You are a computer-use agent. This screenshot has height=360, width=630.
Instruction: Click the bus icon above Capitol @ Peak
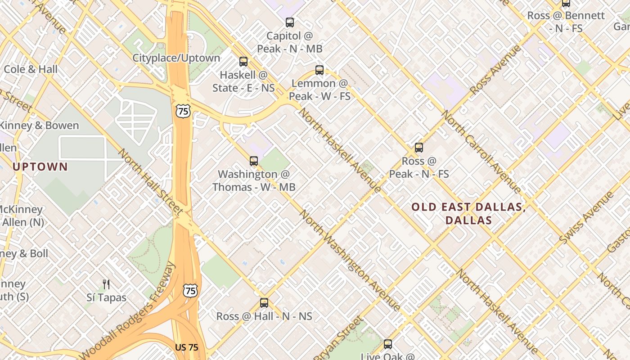pyautogui.click(x=290, y=22)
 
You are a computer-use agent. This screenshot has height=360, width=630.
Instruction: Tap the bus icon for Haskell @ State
pyautogui.click(x=243, y=62)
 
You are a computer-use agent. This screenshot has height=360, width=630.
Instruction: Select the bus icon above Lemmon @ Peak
pyautogui.click(x=319, y=70)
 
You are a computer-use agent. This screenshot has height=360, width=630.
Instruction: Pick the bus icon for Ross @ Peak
pyautogui.click(x=419, y=148)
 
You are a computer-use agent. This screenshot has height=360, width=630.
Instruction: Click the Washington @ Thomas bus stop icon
pyautogui.click(x=254, y=161)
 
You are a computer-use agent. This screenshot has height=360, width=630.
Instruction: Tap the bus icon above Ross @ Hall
pyautogui.click(x=264, y=303)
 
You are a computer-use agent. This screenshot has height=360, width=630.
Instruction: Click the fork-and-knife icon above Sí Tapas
pyautogui.click(x=106, y=284)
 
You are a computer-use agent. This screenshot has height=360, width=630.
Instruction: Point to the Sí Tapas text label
pyautogui.click(x=106, y=297)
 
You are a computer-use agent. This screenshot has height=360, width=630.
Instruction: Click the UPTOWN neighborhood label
pyautogui.click(x=40, y=167)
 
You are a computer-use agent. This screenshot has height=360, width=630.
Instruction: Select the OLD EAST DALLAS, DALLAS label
pyautogui.click(x=468, y=214)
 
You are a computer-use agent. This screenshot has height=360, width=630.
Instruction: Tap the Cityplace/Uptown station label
pyautogui.click(x=176, y=58)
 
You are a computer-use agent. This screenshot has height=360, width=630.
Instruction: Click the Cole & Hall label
pyautogui.click(x=31, y=69)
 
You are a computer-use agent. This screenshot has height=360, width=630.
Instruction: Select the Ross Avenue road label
pyautogui.click(x=495, y=70)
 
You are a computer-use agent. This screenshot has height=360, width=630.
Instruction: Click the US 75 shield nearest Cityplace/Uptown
pyautogui.click(x=183, y=111)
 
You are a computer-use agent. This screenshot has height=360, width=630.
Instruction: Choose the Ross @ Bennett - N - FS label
pyautogui.click(x=566, y=22)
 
